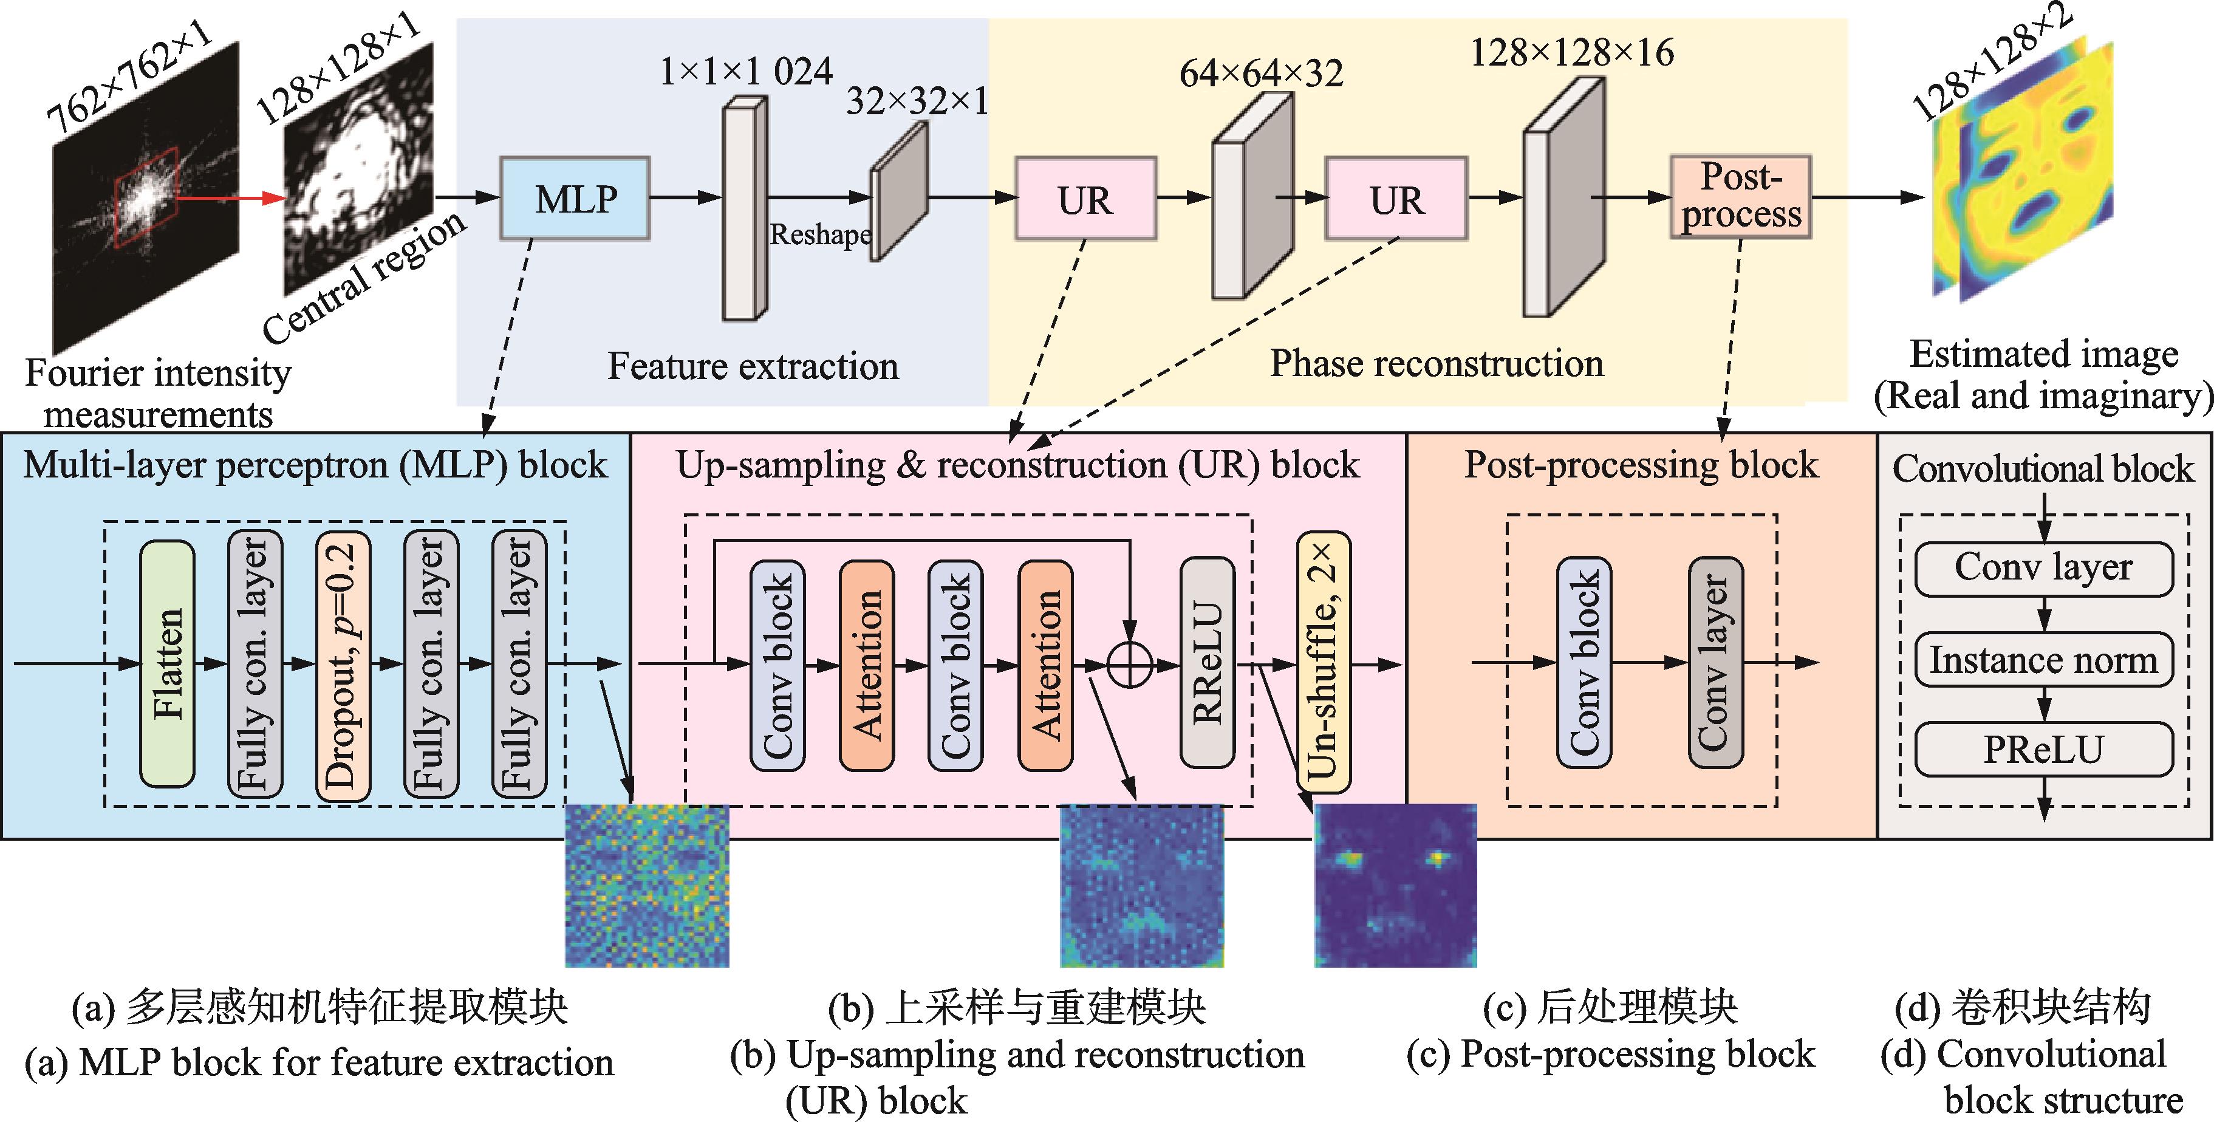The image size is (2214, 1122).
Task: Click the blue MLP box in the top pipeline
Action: [575, 199]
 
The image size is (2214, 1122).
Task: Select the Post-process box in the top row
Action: [1740, 197]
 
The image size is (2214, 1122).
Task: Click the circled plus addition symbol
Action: [1131, 665]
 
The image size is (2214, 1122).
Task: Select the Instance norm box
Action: [2044, 660]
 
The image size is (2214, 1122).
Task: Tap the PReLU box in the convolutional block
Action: [2044, 750]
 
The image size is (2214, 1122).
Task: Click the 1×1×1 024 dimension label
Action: [745, 70]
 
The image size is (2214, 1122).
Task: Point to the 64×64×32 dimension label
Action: [1261, 74]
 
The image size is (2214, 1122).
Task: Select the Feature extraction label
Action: [753, 366]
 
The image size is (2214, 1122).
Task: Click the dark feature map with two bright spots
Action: [1395, 886]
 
